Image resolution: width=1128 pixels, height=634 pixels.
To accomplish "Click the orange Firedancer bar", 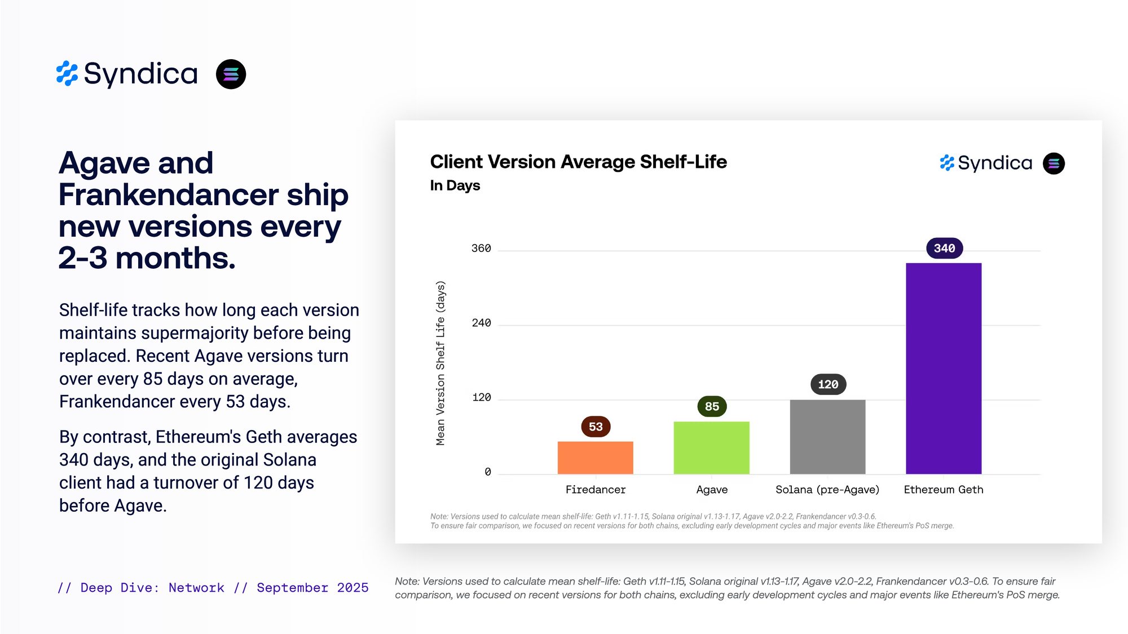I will (x=595, y=458).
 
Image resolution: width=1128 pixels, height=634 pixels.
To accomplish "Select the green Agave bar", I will (x=711, y=447).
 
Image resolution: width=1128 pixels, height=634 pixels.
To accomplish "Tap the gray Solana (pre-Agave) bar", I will (x=827, y=437).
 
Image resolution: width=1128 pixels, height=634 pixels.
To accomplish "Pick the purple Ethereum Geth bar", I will (x=944, y=369).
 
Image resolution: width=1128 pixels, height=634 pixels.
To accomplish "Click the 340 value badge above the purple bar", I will (x=944, y=249).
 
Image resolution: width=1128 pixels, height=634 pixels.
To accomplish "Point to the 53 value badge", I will (x=596, y=427).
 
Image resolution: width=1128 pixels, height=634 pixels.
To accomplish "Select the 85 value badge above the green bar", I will (x=712, y=406).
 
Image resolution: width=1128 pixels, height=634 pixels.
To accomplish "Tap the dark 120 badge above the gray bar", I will (x=828, y=384).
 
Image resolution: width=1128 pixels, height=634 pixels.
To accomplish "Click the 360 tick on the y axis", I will (x=481, y=249).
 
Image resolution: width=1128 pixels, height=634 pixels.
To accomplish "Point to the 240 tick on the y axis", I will (x=481, y=323).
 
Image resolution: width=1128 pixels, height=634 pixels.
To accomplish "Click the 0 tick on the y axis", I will (x=488, y=472).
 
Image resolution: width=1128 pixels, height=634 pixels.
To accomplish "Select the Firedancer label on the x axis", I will (x=596, y=490).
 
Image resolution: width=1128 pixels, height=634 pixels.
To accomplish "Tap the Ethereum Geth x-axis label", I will (x=944, y=490).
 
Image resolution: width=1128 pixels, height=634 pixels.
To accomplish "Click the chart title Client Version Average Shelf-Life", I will (x=578, y=162).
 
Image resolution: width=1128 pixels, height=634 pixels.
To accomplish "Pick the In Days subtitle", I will (x=455, y=185).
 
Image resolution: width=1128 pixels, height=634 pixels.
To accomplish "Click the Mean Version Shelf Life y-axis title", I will (x=440, y=363).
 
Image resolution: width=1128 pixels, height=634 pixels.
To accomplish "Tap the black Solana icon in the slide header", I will (x=231, y=74).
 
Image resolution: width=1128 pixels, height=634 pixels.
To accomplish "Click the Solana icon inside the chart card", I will (x=1054, y=163).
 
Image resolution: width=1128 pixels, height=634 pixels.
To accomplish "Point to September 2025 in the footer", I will (x=312, y=588).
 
